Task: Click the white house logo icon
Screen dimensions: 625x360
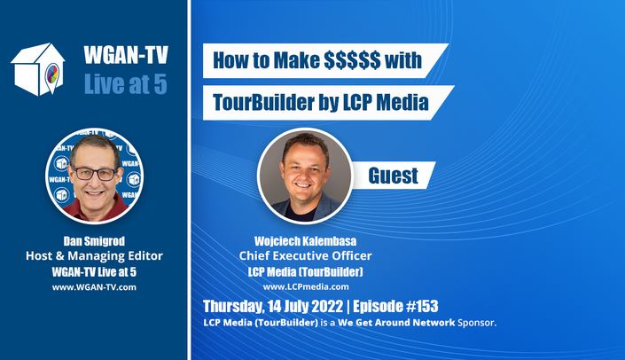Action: [38, 69]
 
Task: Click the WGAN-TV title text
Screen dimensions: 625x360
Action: [126, 55]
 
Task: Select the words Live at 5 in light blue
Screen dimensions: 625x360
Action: [126, 84]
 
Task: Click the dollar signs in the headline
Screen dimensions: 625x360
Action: [352, 60]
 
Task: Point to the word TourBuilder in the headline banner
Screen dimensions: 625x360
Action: [263, 103]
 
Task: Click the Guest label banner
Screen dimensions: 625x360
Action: [393, 176]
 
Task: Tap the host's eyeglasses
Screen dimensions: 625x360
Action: [95, 173]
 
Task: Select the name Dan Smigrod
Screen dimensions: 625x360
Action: [94, 241]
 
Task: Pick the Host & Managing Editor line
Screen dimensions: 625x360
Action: [95, 256]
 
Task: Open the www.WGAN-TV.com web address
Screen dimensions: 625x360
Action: [94, 287]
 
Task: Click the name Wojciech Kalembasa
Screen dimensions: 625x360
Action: [305, 241]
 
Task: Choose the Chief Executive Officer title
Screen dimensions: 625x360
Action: [305, 256]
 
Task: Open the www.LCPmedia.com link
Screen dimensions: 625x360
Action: [306, 286]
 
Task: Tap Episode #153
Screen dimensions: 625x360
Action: [395, 306]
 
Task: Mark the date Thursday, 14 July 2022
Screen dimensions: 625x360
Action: [273, 307]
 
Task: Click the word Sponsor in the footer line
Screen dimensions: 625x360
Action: [477, 323]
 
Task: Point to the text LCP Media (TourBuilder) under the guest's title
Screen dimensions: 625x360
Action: [305, 272]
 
